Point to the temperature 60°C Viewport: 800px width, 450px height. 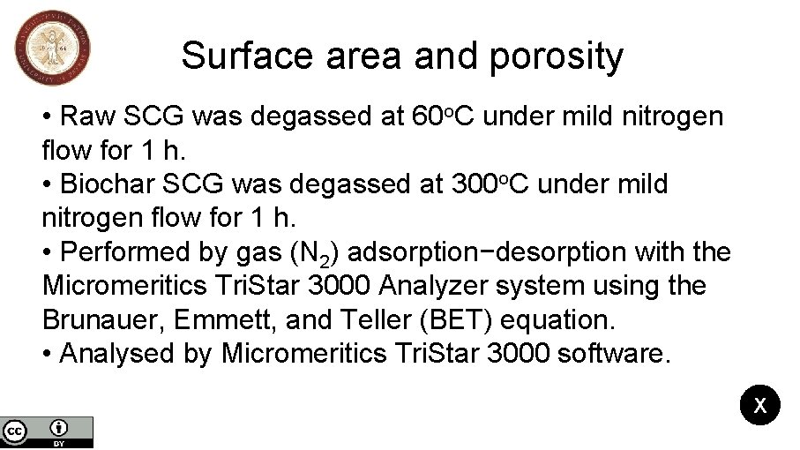click(445, 116)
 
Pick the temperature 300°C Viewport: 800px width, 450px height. click(490, 185)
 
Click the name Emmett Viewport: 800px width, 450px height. click(239, 319)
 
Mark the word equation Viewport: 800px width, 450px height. click(566, 320)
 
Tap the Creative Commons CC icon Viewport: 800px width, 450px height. click(14, 431)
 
